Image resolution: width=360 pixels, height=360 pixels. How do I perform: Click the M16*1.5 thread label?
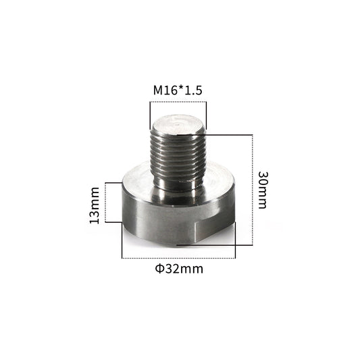click(178, 91)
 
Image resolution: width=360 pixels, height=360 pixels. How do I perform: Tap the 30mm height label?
click(263, 190)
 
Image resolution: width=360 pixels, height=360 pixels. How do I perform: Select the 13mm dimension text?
click(95, 205)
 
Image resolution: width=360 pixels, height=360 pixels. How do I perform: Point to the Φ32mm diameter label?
click(179, 269)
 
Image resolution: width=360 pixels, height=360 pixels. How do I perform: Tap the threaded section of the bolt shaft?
click(178, 156)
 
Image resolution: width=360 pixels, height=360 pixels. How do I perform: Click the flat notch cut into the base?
click(215, 231)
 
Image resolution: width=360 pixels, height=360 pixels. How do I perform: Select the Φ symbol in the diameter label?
click(159, 269)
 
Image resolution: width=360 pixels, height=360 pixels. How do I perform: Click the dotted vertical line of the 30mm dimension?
click(253, 190)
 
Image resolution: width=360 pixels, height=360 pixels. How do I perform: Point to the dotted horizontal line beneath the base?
click(178, 258)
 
